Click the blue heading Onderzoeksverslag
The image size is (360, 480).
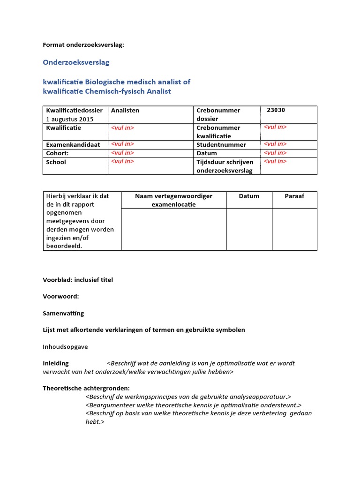click(x=76, y=62)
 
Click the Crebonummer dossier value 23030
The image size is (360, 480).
click(x=276, y=110)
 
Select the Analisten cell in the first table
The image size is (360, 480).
click(x=125, y=111)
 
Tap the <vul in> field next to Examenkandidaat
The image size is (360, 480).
click(x=122, y=144)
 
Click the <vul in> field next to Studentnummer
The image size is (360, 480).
click(x=275, y=144)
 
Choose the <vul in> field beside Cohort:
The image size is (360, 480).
click(x=122, y=153)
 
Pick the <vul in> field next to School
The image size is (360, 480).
click(x=122, y=161)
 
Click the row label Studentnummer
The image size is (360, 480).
click(x=221, y=145)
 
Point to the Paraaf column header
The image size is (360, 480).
click(x=294, y=196)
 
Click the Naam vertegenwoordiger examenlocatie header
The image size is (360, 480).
click(x=173, y=200)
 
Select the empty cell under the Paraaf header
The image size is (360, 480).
click(x=294, y=229)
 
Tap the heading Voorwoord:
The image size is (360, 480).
click(x=60, y=297)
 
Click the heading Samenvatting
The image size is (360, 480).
click(x=63, y=313)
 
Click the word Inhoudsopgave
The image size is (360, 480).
click(x=65, y=347)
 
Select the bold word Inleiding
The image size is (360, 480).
click(x=55, y=363)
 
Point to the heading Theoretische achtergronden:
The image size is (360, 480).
click(x=86, y=388)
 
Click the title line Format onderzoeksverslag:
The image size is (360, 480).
click(x=84, y=45)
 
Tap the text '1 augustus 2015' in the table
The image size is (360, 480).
click(x=69, y=119)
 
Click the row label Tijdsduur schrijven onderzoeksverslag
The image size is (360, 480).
click(x=225, y=166)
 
